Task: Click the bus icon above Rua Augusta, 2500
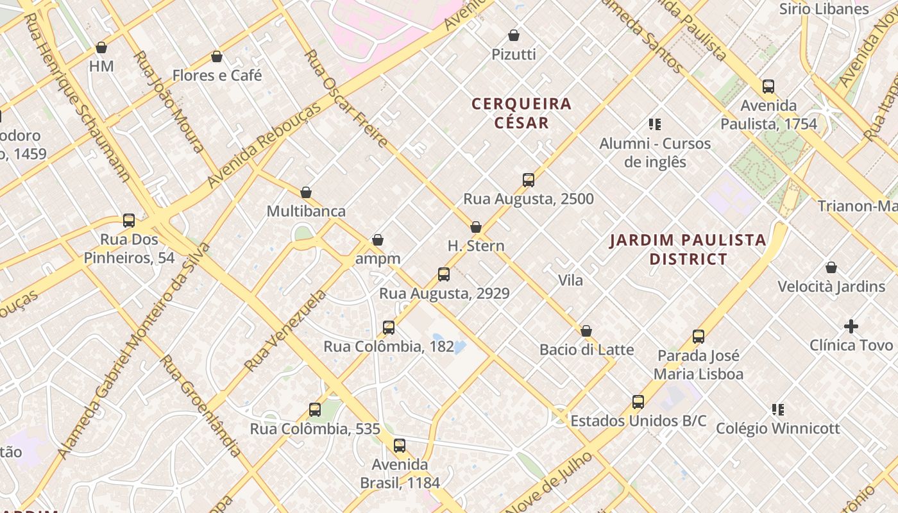click(x=528, y=180)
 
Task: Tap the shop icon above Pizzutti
click(x=513, y=35)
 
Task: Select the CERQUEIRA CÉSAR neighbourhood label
click(x=521, y=113)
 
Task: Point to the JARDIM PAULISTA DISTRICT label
click(x=688, y=249)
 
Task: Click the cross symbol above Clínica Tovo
click(x=851, y=326)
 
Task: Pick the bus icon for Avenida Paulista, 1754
click(x=768, y=87)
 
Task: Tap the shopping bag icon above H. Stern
click(x=475, y=227)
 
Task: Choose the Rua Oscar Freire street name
click(x=345, y=98)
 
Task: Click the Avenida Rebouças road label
click(x=264, y=146)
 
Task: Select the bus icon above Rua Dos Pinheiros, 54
click(x=129, y=221)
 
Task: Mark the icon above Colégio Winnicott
click(x=777, y=409)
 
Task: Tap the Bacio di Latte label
click(x=586, y=350)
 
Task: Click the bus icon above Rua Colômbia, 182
click(x=388, y=328)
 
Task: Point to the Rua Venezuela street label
click(x=285, y=331)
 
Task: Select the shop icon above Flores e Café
click(x=217, y=56)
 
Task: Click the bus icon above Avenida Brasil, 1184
click(x=399, y=445)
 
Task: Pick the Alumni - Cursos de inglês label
click(x=655, y=153)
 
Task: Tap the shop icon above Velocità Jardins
click(x=831, y=267)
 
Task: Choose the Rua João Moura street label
click(x=169, y=101)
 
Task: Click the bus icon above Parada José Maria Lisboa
click(x=698, y=337)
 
